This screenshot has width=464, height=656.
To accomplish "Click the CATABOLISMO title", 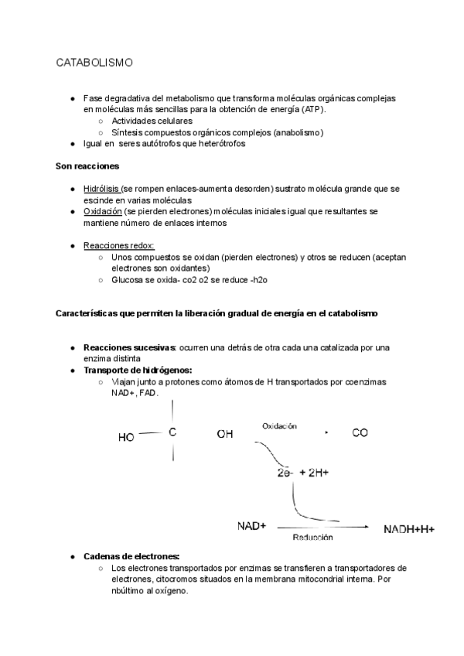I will tap(94, 62).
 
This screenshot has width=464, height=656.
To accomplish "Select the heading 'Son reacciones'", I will tap(87, 166).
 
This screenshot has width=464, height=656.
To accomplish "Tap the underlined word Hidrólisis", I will tap(101, 190).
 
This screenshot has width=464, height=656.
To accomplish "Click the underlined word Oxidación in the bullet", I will tap(101, 211).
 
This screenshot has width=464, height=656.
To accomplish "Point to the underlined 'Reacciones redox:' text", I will tap(118, 245).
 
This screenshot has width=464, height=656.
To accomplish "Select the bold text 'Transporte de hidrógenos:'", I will tap(138, 371).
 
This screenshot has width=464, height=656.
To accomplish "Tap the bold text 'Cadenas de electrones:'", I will tap(131, 556).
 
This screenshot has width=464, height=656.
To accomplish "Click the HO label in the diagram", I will tap(127, 437).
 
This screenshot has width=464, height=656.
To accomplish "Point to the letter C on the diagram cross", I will tap(172, 433).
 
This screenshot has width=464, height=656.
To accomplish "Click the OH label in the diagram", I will tap(225, 435).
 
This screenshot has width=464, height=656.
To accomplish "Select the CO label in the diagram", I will tap(360, 434).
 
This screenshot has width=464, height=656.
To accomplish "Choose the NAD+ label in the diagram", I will tap(251, 526).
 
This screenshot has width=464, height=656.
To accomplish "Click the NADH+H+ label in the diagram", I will tap(409, 530).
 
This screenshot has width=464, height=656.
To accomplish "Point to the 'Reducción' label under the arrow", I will tap(312, 537).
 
